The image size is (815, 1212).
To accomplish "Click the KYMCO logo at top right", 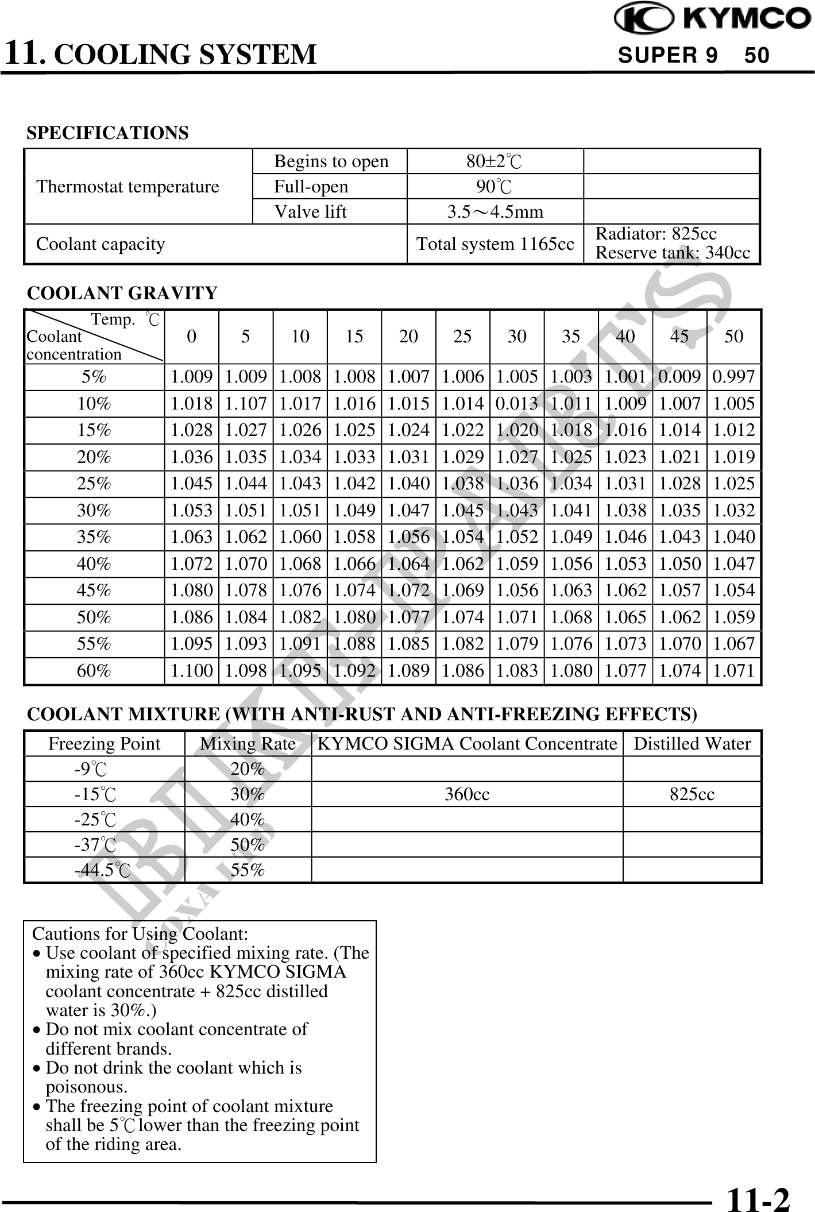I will coord(712,18).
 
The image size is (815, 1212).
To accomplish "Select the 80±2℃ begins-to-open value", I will coord(494,161).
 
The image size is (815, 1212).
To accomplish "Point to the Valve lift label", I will coord(310,212).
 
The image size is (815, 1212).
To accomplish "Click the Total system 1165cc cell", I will coord(495,244).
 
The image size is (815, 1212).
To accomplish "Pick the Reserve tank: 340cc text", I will coord(673,253).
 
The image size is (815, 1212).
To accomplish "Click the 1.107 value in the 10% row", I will coord(246,404).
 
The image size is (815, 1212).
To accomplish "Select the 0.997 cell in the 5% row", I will coord(733,377).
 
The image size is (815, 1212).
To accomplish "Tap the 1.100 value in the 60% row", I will coord(192,671).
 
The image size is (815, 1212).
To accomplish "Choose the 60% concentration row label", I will coord(94,671).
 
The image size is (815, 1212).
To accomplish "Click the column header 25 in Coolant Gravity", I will coord(462,337).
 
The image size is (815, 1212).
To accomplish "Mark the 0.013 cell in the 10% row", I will coord(517,404).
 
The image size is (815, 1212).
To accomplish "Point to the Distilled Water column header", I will coord(692,744).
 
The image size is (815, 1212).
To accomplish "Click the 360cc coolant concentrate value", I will coord(467,794).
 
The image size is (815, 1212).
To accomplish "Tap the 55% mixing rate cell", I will coord(248,870).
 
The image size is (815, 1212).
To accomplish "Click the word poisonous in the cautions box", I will coord(86,1087).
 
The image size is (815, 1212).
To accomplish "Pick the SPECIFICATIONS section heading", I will coord(107,133).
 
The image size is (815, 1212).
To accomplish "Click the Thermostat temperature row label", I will coord(128,187).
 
